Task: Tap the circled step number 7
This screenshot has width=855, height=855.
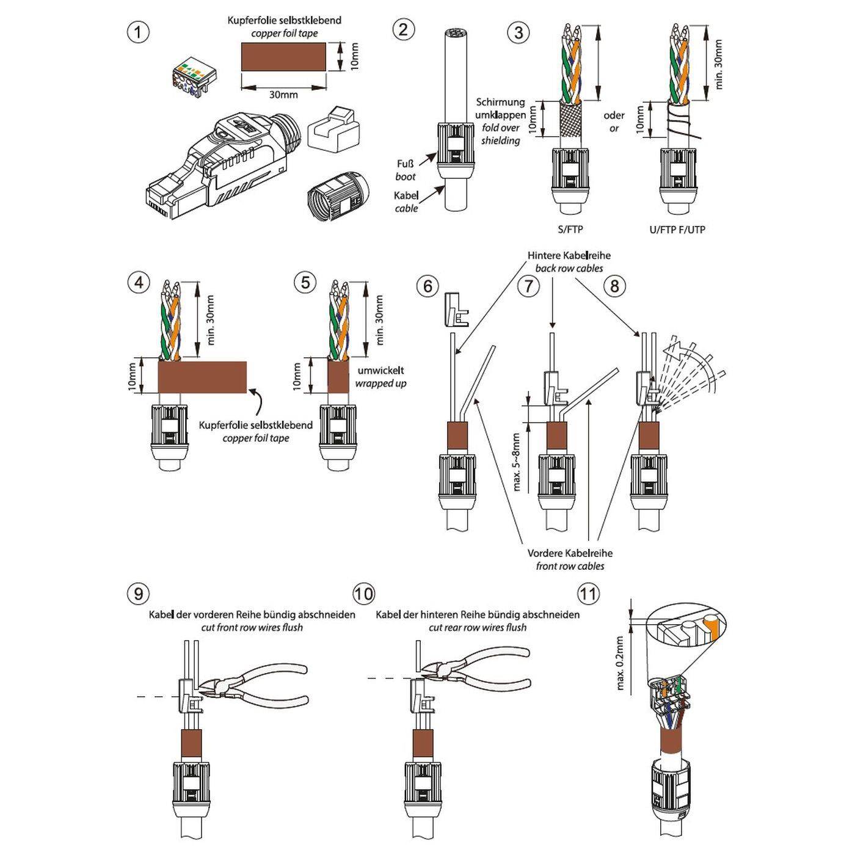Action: pyautogui.click(x=529, y=285)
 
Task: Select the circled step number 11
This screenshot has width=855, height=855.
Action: pyautogui.click(x=589, y=593)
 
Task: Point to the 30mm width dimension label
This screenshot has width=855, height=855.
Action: pyautogui.click(x=284, y=95)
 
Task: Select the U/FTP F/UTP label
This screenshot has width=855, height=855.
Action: pyautogui.click(x=677, y=230)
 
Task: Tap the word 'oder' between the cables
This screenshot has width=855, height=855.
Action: pyautogui.click(x=614, y=115)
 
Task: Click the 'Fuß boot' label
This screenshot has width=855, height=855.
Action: pyautogui.click(x=405, y=170)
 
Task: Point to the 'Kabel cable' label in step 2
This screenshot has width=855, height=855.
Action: pyautogui.click(x=406, y=202)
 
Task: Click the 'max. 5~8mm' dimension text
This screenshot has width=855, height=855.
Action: pyautogui.click(x=517, y=462)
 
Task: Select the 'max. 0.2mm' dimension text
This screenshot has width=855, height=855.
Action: pyautogui.click(x=620, y=663)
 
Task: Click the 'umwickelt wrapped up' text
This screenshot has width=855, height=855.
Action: pyautogui.click(x=380, y=377)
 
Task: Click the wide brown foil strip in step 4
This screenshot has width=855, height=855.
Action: pyautogui.click(x=203, y=377)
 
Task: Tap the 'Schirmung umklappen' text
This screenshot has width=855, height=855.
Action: pyautogui.click(x=500, y=109)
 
